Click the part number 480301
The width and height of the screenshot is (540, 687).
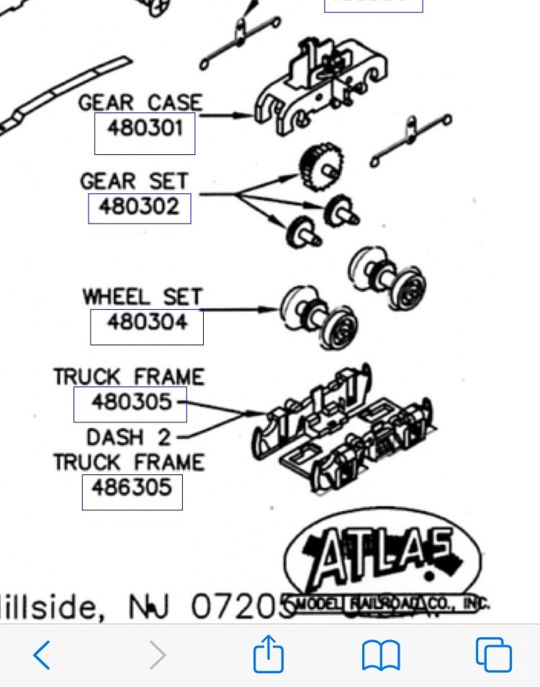tap(145, 128)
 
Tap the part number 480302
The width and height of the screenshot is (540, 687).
tap(139, 207)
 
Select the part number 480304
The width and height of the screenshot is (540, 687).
tap(147, 322)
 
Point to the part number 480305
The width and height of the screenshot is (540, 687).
tap(131, 402)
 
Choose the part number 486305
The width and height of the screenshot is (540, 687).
tap(132, 488)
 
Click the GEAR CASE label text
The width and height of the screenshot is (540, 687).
tap(140, 102)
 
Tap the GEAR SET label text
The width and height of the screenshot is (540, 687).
tap(135, 181)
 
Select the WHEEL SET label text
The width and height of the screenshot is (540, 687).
tap(143, 296)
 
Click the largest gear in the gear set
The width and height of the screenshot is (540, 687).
tap(321, 167)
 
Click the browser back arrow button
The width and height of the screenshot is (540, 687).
tap(42, 655)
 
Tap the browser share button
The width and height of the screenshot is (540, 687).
tap(269, 655)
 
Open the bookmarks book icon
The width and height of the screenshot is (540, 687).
tap(381, 655)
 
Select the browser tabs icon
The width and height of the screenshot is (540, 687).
tap(494, 655)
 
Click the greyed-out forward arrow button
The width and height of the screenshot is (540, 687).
tap(156, 655)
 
